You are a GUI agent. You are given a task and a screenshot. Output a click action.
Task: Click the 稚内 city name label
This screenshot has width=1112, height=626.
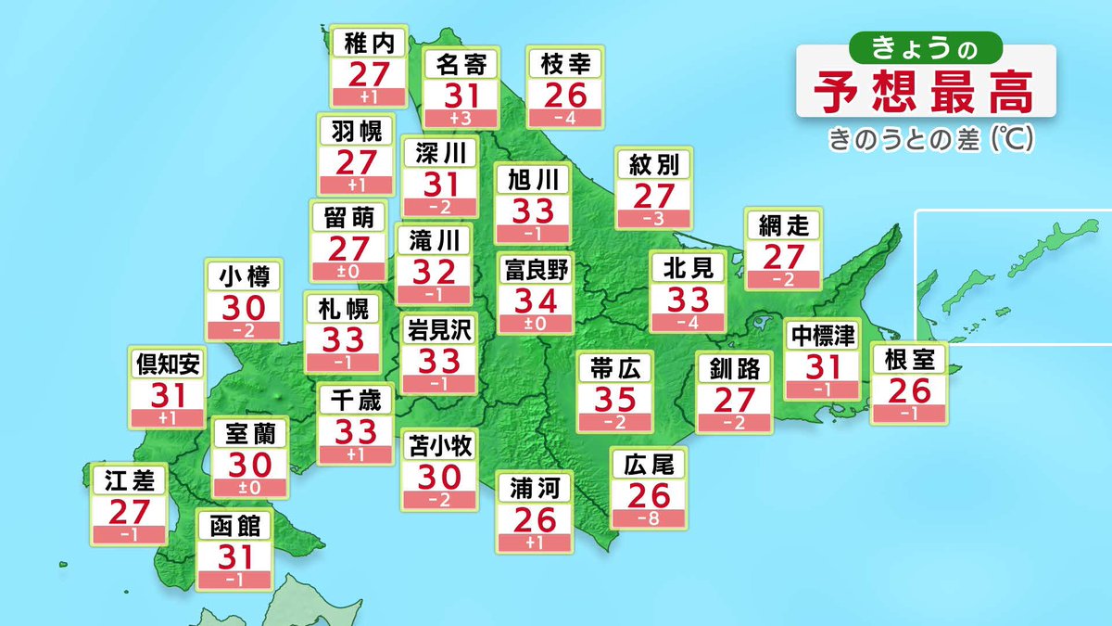click(369, 41)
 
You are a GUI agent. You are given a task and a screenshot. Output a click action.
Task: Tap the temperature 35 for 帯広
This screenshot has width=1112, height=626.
click(615, 400)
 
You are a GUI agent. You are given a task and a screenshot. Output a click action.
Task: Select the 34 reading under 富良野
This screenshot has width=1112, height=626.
click(536, 300)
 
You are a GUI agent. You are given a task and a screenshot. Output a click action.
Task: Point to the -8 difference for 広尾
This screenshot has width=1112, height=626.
click(649, 518)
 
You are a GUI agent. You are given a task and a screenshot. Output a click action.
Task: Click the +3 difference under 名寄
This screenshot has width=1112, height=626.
click(461, 118)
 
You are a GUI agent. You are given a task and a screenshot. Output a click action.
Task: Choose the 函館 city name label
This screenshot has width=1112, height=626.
click(236, 527)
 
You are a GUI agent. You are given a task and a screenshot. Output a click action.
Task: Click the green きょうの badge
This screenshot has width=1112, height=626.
click(925, 45)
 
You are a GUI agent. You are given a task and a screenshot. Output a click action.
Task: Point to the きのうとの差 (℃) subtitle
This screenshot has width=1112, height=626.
click(931, 140)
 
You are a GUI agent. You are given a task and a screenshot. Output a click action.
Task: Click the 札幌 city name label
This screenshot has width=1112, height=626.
click(343, 307)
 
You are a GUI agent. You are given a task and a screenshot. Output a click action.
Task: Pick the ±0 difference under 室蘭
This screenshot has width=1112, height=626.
click(249, 488)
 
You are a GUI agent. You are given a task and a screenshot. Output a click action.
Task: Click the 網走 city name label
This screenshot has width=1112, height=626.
click(783, 225)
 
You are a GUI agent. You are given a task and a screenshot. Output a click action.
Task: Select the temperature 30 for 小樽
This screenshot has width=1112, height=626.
click(244, 306)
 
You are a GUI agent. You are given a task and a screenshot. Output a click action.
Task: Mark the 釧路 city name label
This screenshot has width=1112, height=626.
click(734, 369)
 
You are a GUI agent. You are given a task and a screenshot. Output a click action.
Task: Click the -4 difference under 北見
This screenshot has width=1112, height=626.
click(688, 323)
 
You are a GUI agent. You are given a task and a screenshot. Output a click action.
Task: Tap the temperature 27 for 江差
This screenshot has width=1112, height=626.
click(130, 511)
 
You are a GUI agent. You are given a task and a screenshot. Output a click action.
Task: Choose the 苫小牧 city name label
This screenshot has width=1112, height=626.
click(440, 446)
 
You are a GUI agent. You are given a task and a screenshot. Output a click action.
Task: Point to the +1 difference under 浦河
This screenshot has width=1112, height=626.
click(536, 542)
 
